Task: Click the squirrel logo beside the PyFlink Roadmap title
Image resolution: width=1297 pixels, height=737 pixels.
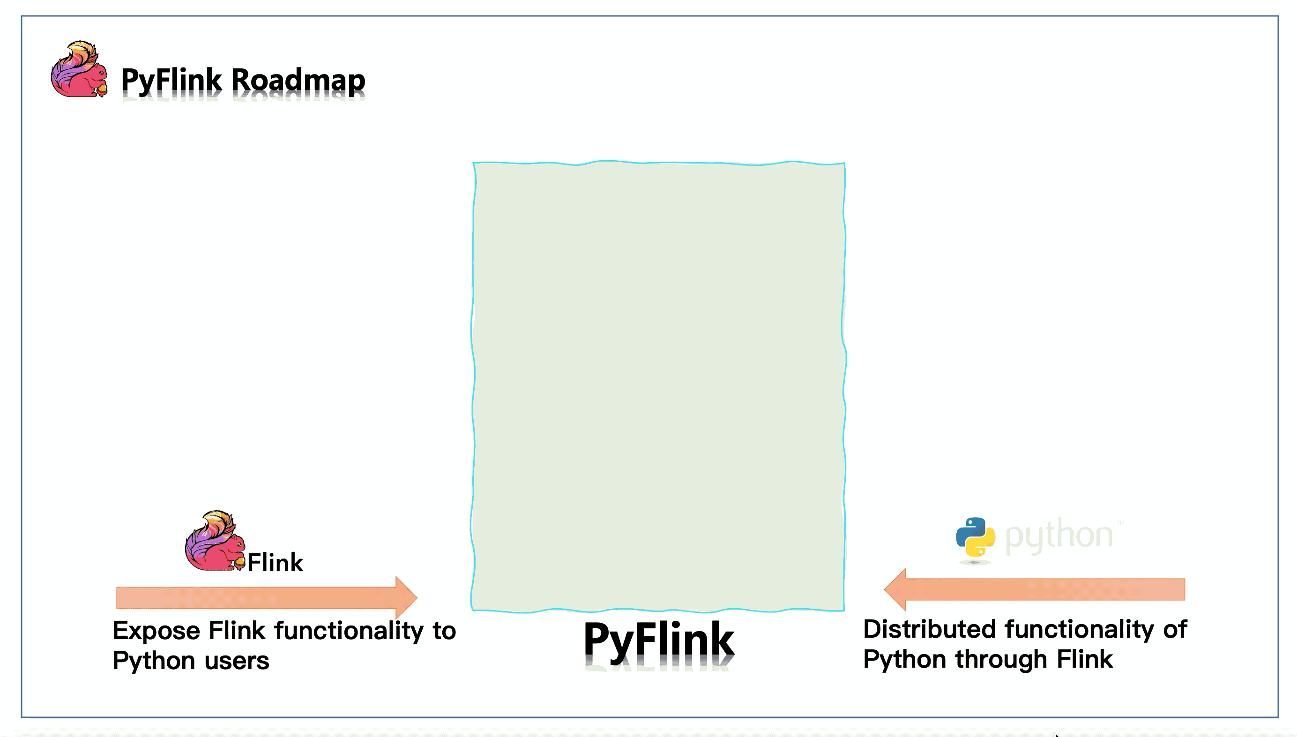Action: tap(78, 69)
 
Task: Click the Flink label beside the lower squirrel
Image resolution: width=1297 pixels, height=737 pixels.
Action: tap(275, 562)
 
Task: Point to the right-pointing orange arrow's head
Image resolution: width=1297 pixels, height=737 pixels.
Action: tap(406, 597)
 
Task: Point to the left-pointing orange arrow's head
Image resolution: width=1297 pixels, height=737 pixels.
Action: tap(895, 589)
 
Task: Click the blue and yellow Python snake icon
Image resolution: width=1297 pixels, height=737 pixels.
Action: tap(975, 537)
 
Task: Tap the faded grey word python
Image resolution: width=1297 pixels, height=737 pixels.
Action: tap(1058, 536)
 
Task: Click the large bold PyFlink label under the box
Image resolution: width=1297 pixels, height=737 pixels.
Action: tap(659, 640)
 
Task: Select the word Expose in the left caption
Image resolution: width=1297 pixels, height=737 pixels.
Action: tap(157, 631)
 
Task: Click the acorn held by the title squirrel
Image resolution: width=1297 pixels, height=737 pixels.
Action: tap(102, 89)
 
